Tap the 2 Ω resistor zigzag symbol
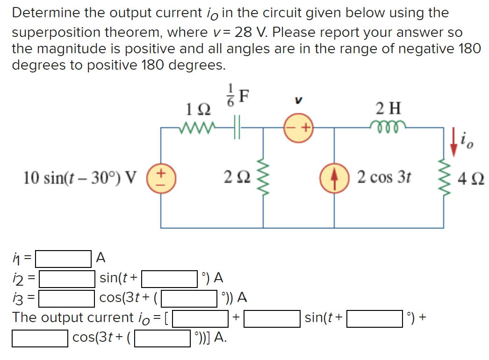(x=263, y=177)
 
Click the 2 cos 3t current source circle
(x=334, y=177)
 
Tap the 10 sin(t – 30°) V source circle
(x=161, y=177)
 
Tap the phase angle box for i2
(x=169, y=279)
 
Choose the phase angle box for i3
(x=190, y=297)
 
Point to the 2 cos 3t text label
(x=383, y=178)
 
